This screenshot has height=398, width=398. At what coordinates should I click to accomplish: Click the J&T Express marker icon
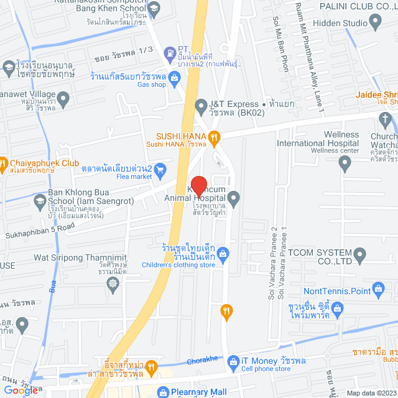click(200, 105)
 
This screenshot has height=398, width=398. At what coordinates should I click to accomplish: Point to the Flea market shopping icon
click(160, 168)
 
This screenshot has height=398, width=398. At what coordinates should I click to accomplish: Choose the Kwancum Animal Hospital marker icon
click(234, 199)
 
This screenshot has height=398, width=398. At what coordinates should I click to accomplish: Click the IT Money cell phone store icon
click(233, 361)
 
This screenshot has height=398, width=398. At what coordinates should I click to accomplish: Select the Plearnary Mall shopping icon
click(163, 392)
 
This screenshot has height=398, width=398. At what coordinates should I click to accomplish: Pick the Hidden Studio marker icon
click(374, 23)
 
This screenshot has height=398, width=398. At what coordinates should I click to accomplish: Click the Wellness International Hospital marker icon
click(346, 164)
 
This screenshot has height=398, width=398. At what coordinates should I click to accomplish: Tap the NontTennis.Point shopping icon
click(377, 288)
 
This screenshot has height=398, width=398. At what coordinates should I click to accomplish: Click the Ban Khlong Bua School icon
click(40, 201)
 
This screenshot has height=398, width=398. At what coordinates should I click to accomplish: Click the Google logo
click(21, 390)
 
